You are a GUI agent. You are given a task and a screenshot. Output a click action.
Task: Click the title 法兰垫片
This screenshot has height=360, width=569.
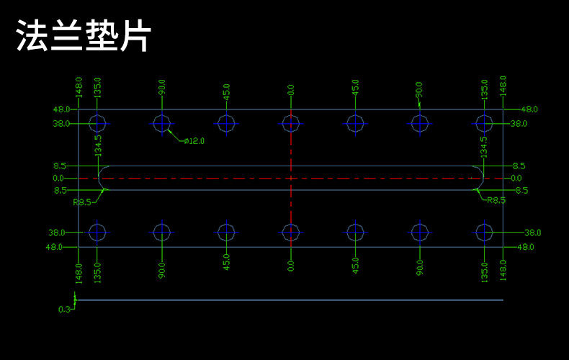[x=84, y=36]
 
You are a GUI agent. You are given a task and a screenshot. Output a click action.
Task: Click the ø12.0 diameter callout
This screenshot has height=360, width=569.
[x=194, y=141]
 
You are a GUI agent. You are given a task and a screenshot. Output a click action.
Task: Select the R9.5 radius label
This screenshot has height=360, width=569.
[x=82, y=202]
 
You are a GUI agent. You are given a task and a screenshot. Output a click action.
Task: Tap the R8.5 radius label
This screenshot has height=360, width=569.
[x=496, y=200]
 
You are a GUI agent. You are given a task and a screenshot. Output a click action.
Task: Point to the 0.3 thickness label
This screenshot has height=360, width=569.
[x=65, y=310]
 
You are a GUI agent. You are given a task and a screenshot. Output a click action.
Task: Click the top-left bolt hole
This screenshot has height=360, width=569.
[x=97, y=123]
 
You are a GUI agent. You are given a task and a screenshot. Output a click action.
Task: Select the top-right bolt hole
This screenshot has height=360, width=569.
[x=483, y=123]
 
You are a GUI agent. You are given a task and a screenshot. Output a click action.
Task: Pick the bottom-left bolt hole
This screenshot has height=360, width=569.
[x=97, y=232]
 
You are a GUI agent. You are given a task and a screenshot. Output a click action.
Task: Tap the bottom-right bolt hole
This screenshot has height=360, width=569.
[x=483, y=232]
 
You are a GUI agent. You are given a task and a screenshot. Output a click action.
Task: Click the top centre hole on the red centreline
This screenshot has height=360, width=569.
[x=290, y=123]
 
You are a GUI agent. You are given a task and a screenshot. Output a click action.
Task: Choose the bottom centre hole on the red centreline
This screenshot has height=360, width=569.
[x=290, y=232]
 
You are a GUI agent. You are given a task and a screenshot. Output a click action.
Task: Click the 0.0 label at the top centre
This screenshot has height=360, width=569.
[x=291, y=90]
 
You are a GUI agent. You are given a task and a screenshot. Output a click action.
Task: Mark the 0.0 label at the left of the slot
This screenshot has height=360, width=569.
[x=58, y=178]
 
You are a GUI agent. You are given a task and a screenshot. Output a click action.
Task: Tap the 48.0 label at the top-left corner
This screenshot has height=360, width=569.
[x=61, y=109]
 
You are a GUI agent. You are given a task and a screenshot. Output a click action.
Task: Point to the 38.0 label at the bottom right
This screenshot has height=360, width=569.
[x=532, y=233]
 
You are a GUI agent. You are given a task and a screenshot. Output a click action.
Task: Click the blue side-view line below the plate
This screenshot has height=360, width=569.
[x=288, y=300]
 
